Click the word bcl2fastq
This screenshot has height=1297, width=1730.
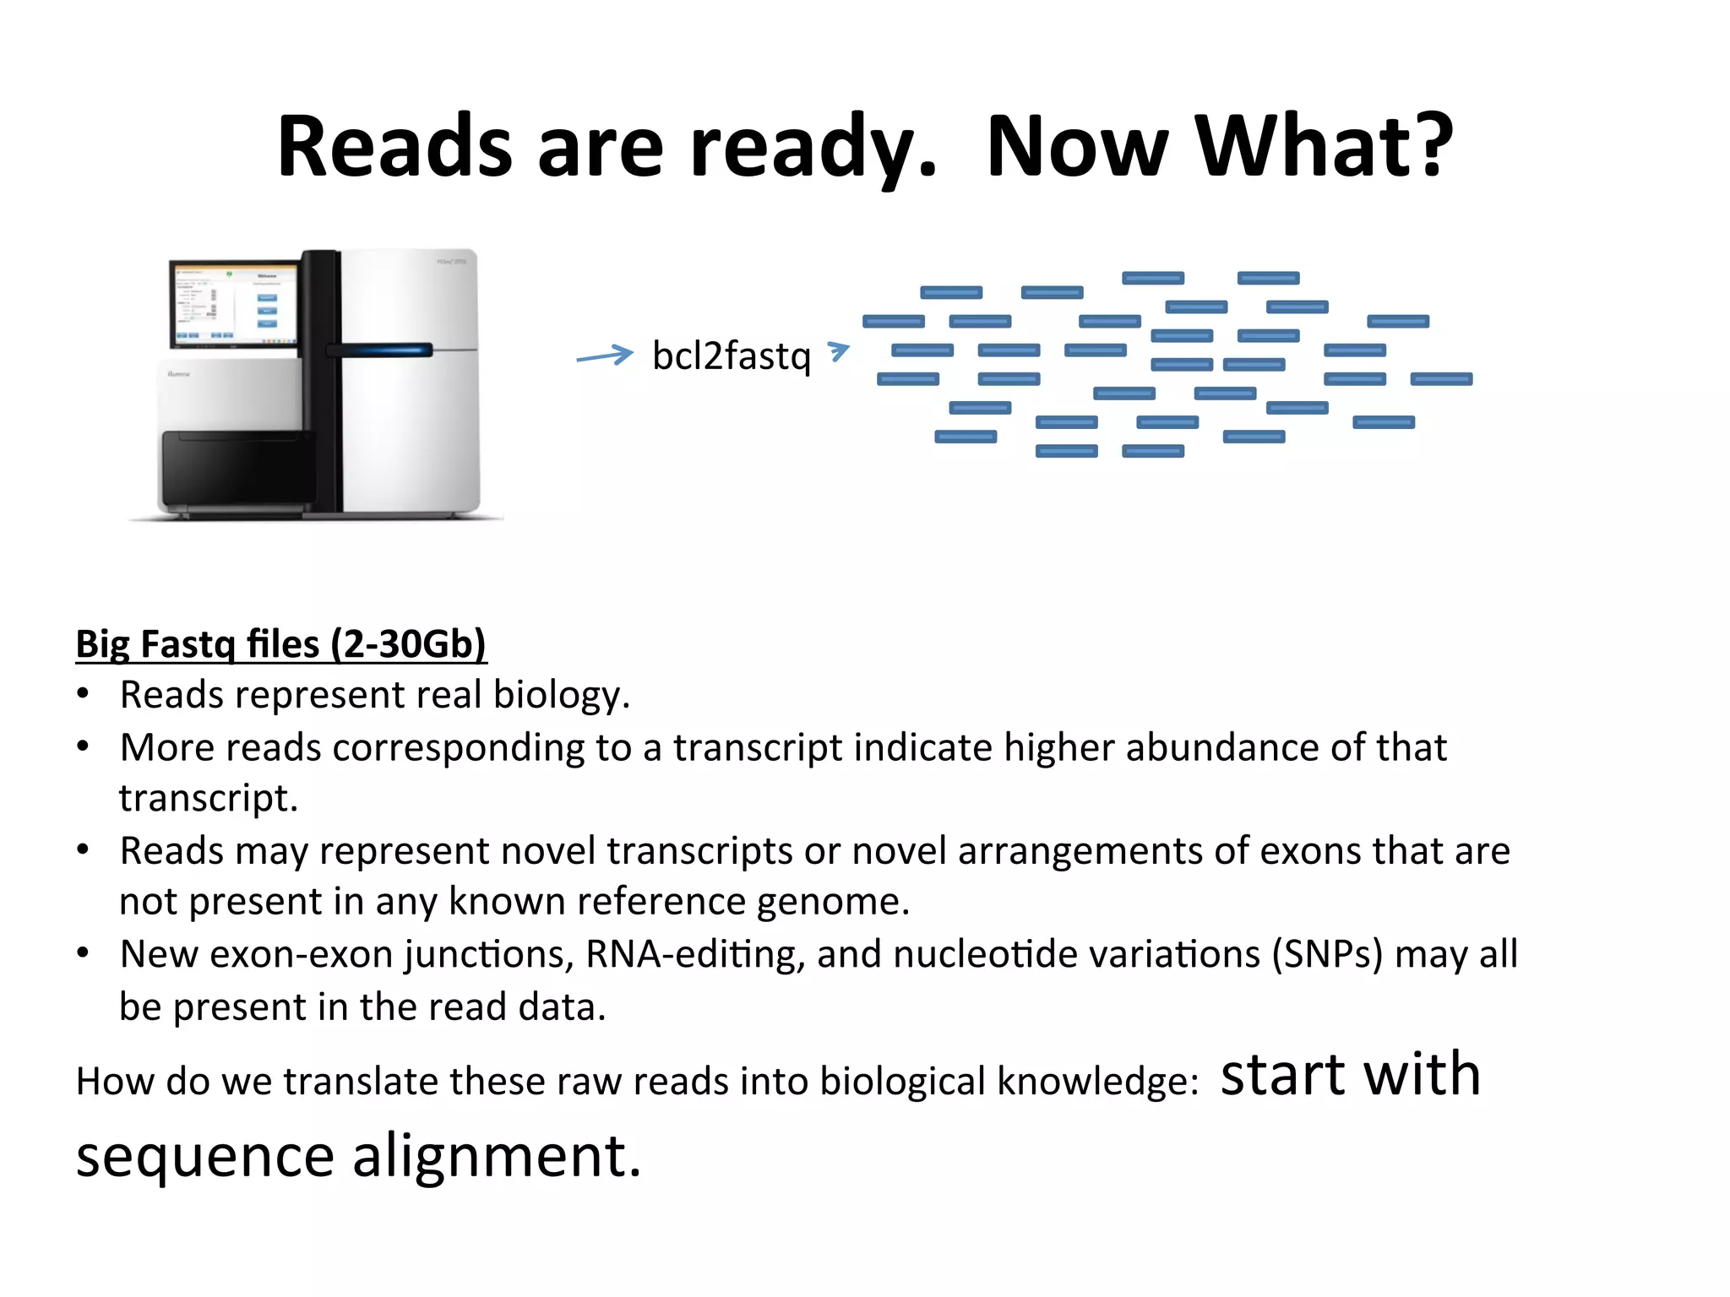(x=732, y=356)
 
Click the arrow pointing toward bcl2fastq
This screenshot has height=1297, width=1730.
(x=605, y=355)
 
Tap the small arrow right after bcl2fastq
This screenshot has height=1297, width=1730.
(x=838, y=350)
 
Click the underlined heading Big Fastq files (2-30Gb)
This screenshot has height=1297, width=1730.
(x=280, y=643)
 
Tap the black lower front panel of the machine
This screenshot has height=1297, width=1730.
(x=237, y=469)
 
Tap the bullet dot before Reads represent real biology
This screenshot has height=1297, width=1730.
(x=83, y=695)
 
